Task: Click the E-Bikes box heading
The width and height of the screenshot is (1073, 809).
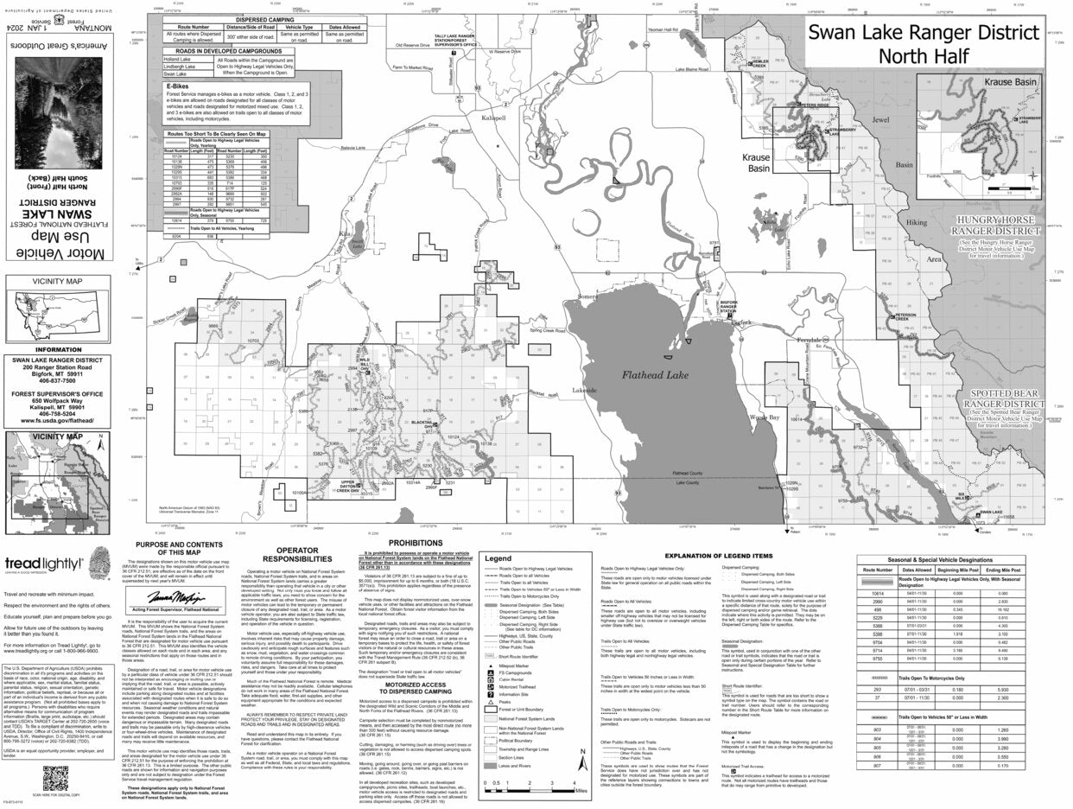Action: (177, 86)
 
